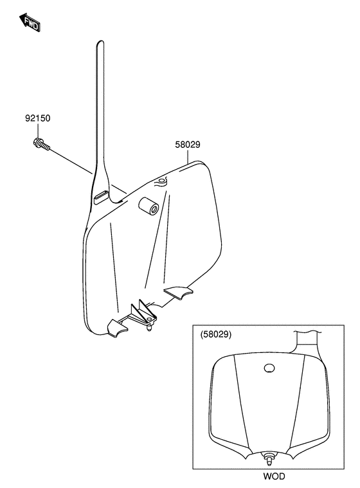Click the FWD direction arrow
coord(30,23)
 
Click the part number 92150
coord(37,118)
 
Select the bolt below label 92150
coord(40,145)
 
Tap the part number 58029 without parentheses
coord(188,145)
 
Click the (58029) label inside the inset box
coord(216,334)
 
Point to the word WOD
coord(274,476)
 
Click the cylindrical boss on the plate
coord(148,206)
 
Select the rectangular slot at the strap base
coord(101,197)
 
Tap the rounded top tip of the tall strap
coord(100,42)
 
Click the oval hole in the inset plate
coord(269,368)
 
